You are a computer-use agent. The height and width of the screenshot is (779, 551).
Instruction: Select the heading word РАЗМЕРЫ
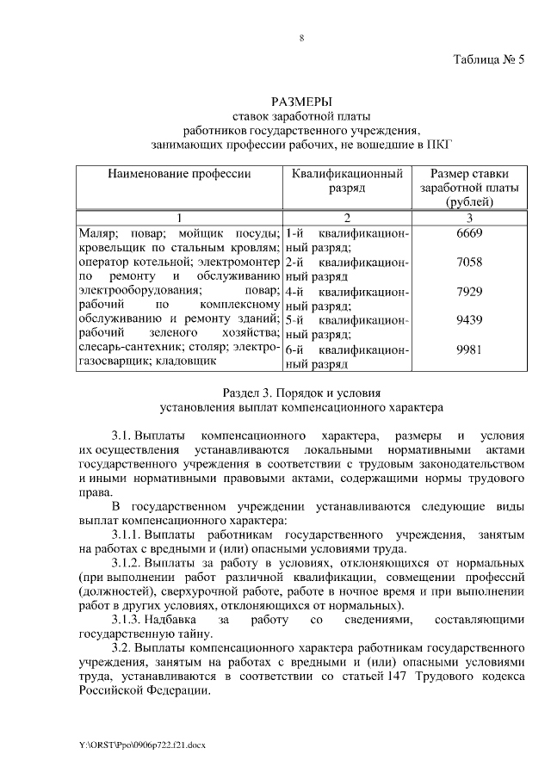[x=301, y=102]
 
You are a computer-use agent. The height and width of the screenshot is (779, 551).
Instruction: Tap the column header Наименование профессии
[x=179, y=174]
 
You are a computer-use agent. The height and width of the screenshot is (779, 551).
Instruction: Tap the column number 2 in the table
[x=346, y=217]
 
